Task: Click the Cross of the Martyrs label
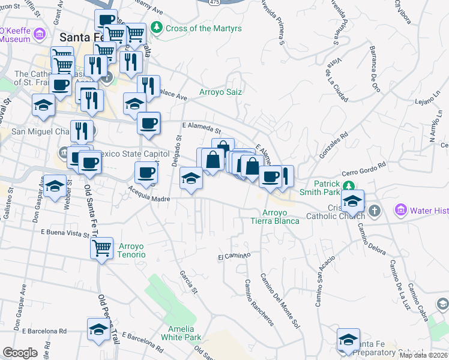[195, 28]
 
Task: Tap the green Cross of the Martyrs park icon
[157, 28]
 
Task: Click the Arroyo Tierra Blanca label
[275, 217]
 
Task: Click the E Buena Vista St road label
[65, 232]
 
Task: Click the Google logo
[20, 353]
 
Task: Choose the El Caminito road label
[234, 257]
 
